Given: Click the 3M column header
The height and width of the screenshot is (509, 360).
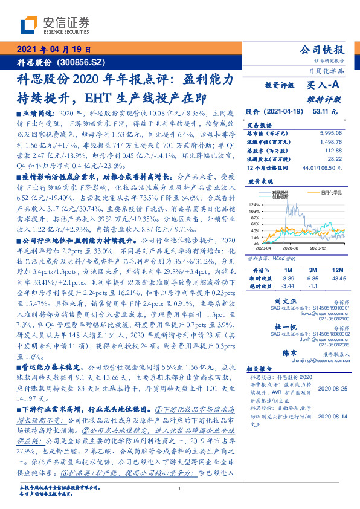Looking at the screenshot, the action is pos(312,269).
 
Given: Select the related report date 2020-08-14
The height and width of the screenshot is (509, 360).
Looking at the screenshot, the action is pos(331,417).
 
